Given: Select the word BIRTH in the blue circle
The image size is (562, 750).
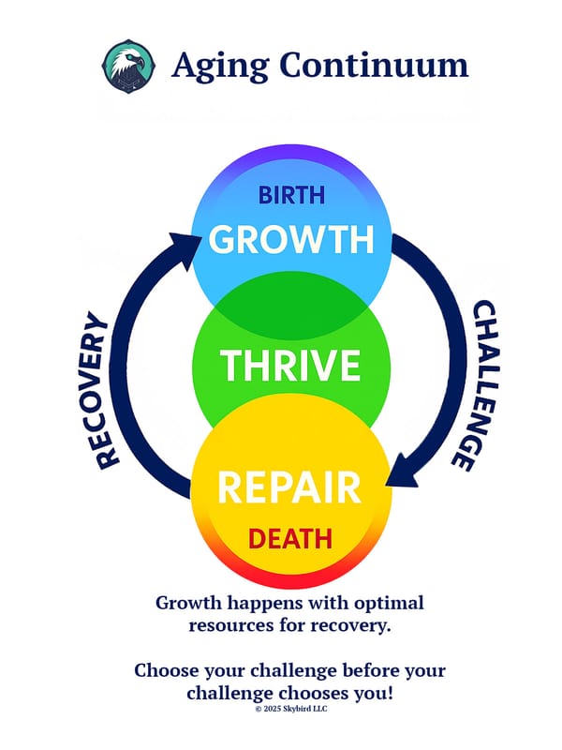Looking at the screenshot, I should [290, 195].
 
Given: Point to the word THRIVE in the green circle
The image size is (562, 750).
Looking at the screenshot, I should [290, 364].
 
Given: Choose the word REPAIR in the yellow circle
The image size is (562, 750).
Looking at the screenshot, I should [289, 488].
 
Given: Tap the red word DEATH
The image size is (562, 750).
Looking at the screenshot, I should [289, 539].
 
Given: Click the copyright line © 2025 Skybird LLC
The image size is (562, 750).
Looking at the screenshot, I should [290, 710].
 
